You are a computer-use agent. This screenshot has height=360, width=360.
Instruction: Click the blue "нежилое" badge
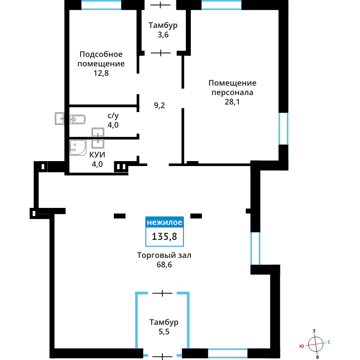165,222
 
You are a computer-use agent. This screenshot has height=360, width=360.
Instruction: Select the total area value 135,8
164,237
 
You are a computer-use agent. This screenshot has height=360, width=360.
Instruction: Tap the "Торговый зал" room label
164,255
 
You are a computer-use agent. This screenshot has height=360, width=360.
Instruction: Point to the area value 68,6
164,265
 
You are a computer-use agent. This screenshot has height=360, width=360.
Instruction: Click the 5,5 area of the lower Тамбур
164,332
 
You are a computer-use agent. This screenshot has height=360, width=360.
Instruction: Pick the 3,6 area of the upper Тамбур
163,35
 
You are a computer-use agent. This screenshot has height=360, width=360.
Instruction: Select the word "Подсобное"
101,54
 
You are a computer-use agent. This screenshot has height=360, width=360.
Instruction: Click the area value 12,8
101,73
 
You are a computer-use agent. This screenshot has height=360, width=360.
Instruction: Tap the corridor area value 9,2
159,105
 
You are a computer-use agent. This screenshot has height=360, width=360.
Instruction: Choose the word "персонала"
232,93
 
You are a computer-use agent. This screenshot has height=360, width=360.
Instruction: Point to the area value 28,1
232,102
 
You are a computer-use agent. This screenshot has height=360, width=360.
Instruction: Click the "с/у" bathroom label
113,116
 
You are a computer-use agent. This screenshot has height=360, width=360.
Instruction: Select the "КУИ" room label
97,155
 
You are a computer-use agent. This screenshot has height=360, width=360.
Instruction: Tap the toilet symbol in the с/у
78,119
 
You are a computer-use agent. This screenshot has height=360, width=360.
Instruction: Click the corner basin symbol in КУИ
77,148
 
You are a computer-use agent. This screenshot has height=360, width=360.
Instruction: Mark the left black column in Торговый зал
120,216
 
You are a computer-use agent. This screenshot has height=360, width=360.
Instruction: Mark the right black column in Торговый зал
196,216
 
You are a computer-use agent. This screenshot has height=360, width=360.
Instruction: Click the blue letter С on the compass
329,342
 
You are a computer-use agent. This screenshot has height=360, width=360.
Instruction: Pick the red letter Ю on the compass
301,346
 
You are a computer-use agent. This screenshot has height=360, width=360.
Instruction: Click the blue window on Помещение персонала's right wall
283,129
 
